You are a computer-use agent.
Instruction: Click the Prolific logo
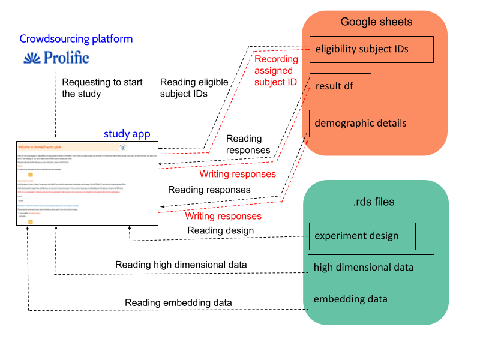[x=56, y=58]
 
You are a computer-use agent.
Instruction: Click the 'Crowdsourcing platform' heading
[x=76, y=39]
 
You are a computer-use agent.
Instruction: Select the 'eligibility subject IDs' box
[x=371, y=49]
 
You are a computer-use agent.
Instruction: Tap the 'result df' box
[x=340, y=86]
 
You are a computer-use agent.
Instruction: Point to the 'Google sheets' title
[x=376, y=22]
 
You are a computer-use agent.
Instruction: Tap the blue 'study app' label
[x=127, y=134]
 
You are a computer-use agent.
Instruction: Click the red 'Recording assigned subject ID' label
[x=276, y=70]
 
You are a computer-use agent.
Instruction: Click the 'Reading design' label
[x=220, y=230]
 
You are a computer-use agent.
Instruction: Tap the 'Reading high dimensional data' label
[x=181, y=265]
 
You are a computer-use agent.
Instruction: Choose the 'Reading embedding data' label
[x=178, y=303]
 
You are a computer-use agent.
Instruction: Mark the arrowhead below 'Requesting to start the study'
[x=55, y=137]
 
